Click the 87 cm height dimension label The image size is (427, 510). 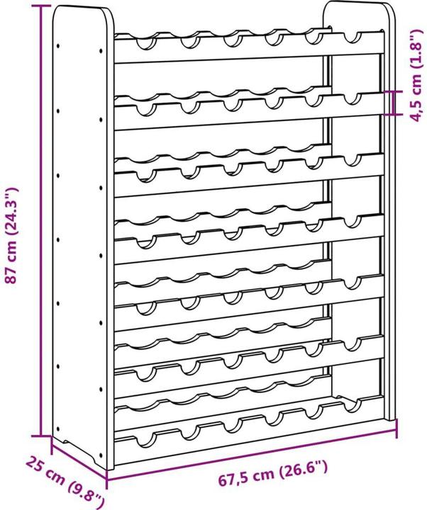click(x=11, y=236)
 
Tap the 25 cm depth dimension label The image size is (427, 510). click(x=65, y=482)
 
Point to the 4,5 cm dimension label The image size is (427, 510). click(x=418, y=76)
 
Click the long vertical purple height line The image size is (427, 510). click(x=41, y=221)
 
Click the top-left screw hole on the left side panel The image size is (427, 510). click(x=58, y=46)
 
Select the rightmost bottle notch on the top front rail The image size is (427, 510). click(x=353, y=38)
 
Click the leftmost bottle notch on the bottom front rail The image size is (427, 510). click(x=144, y=440)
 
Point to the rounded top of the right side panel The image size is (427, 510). click(x=358, y=4)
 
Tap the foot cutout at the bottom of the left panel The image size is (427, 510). click(x=80, y=448)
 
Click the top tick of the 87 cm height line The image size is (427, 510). click(x=41, y=6)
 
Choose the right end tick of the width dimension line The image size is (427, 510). click(x=396, y=429)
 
